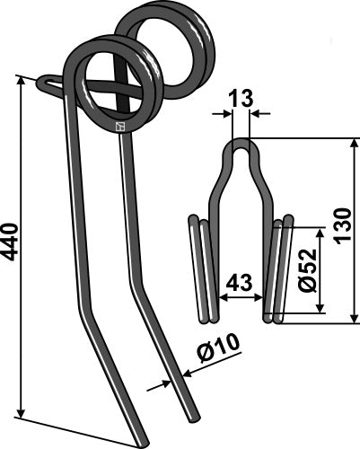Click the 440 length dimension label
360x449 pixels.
10,242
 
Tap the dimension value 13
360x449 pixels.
241,99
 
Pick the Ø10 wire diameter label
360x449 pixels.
218,346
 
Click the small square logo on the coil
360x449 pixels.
120,128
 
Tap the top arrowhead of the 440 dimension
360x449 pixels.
21,80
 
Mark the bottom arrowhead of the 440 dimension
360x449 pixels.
21,412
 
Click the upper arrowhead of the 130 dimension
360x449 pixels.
356,143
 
